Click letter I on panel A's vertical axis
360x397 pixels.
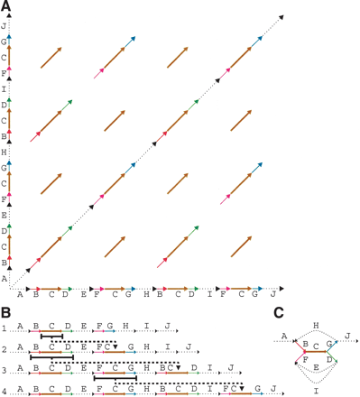pos(6,89)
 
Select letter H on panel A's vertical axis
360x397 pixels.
pos(6,152)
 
